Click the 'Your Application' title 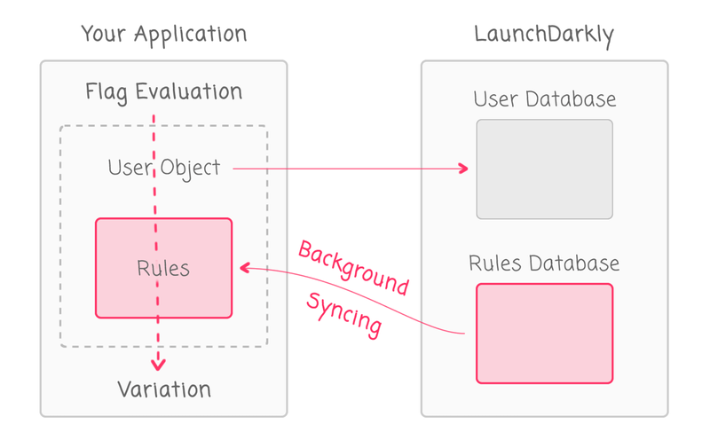pos(163,35)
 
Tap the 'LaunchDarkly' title pos(543,35)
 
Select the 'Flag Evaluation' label pos(163,91)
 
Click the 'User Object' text pos(163,167)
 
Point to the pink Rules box pos(163,268)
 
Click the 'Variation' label pos(163,389)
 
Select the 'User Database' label pos(544,98)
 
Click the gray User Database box pos(544,169)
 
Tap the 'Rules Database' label pos(544,263)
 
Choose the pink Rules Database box pos(544,334)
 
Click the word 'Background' pos(353,267)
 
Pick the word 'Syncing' pos(344,313)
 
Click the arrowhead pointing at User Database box pos(463,168)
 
